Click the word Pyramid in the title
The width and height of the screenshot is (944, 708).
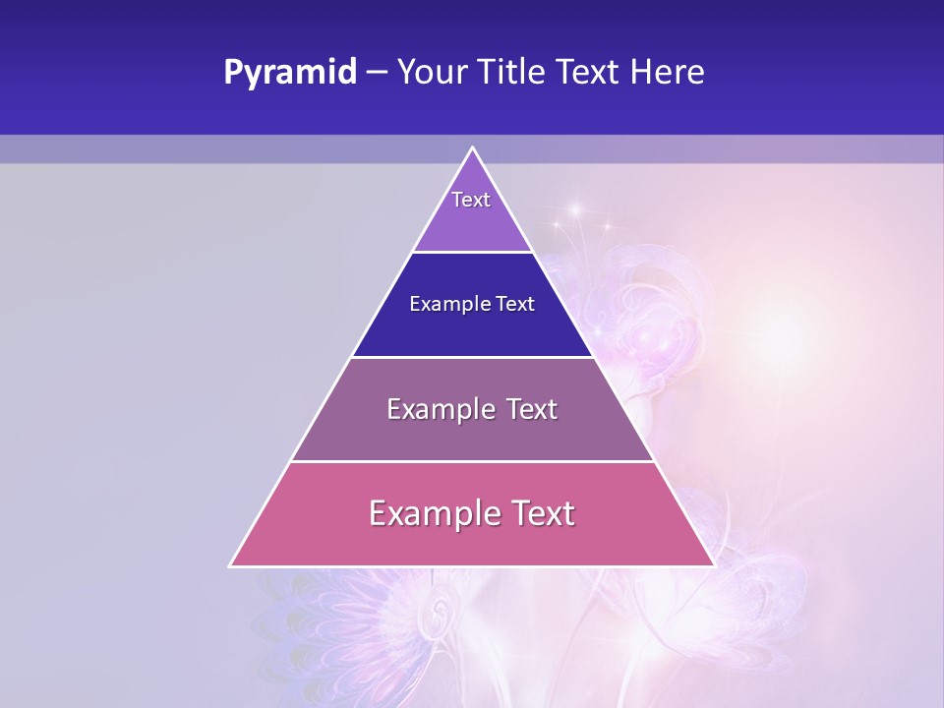click(290, 73)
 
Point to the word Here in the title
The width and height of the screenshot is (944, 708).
click(668, 73)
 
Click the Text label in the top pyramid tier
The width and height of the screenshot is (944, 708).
click(471, 200)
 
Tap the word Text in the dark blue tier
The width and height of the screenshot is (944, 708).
click(515, 305)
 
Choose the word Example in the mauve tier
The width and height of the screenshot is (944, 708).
click(441, 409)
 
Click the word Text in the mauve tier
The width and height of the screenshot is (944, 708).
click(532, 409)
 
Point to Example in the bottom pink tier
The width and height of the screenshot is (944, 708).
click(434, 513)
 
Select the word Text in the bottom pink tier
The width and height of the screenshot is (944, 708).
click(542, 513)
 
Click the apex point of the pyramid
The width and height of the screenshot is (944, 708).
click(472, 148)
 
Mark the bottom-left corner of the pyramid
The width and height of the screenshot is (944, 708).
click(231, 565)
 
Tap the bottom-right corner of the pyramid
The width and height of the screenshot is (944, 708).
click(713, 565)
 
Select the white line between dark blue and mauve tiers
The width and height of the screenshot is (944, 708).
click(472, 357)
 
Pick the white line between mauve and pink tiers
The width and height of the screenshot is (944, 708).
click(472, 461)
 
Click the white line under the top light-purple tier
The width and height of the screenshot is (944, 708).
click(472, 253)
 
